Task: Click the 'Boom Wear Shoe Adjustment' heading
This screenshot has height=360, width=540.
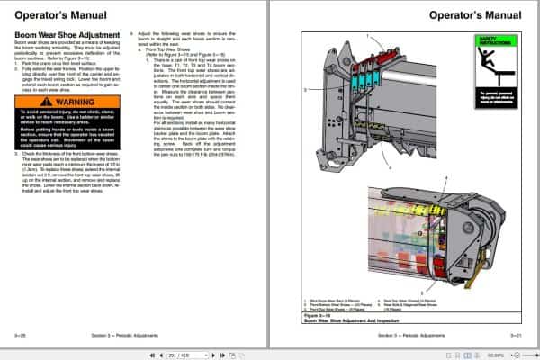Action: coord(60,35)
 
